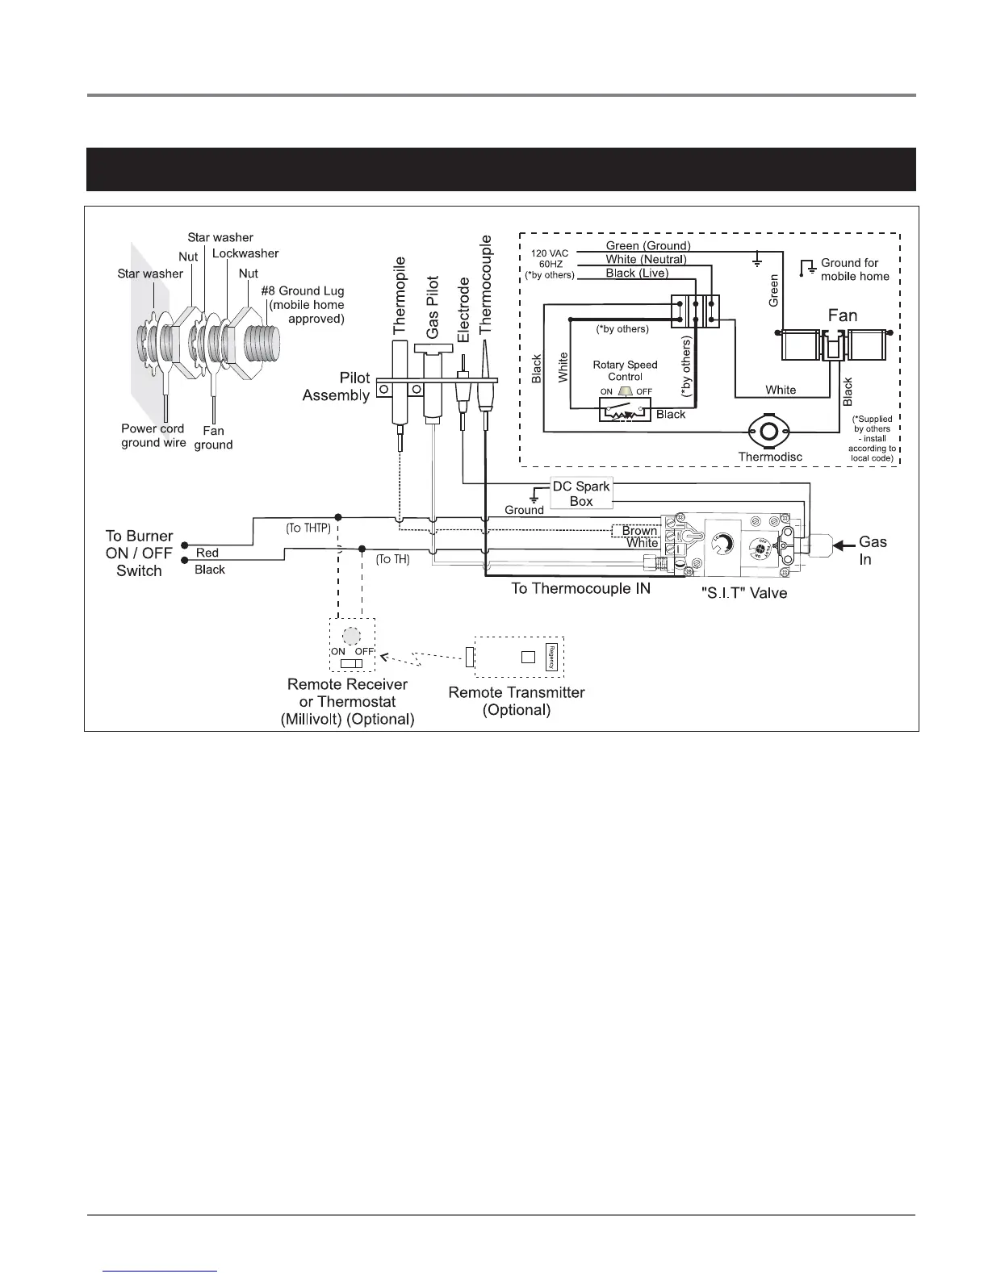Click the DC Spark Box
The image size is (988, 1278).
tap(580, 494)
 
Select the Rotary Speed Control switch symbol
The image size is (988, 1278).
tap(624, 411)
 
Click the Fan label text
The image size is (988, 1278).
tap(842, 315)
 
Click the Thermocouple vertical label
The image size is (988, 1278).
tap(486, 284)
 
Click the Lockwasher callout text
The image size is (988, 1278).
tap(245, 253)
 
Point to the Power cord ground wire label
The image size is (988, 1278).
tap(153, 436)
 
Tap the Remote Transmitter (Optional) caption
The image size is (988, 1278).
tap(517, 701)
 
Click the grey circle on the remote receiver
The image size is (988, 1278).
tap(350, 635)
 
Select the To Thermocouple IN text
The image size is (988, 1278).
tap(580, 589)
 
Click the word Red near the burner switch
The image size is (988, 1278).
tap(207, 553)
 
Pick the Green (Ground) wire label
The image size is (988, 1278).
tap(648, 245)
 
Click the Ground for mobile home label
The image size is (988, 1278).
tap(854, 269)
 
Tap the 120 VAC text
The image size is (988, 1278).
tap(550, 253)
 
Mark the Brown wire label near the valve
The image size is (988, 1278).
tap(639, 531)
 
